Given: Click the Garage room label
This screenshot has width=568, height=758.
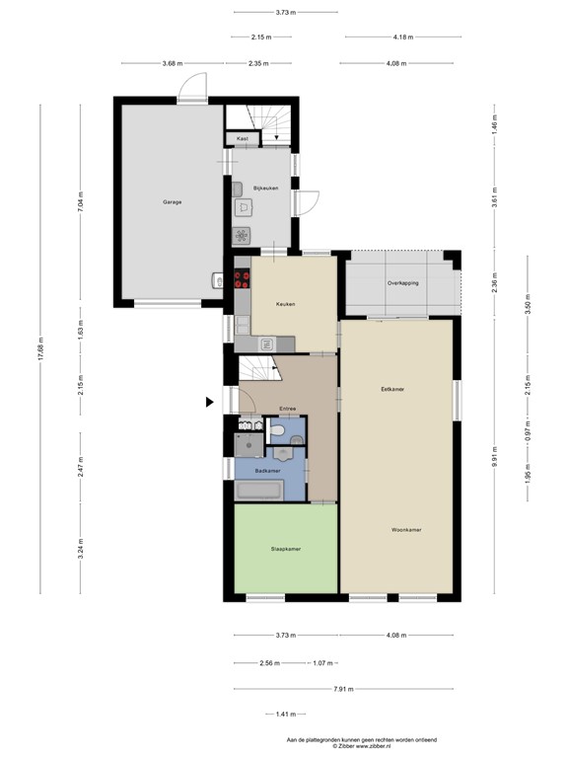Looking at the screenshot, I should [x=173, y=202].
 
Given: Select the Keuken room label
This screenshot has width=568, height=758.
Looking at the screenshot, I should [x=286, y=304].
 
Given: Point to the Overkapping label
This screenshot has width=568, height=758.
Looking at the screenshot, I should [x=403, y=283].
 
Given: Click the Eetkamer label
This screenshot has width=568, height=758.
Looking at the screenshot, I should [x=392, y=389].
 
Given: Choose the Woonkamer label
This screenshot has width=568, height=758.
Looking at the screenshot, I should [x=406, y=530].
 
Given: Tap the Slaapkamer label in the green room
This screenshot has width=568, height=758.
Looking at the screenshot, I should [x=286, y=549].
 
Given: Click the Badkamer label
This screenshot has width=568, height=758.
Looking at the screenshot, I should [x=267, y=472].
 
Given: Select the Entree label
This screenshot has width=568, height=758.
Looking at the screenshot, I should [x=288, y=408].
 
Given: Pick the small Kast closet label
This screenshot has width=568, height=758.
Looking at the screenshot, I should [x=243, y=139].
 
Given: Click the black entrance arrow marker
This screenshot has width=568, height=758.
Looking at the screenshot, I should [x=209, y=402].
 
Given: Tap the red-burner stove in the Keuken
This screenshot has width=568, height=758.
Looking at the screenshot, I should [x=242, y=279].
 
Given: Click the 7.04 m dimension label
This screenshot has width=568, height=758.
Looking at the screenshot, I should [x=82, y=201].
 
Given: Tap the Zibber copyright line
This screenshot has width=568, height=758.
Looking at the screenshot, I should [x=361, y=745].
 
